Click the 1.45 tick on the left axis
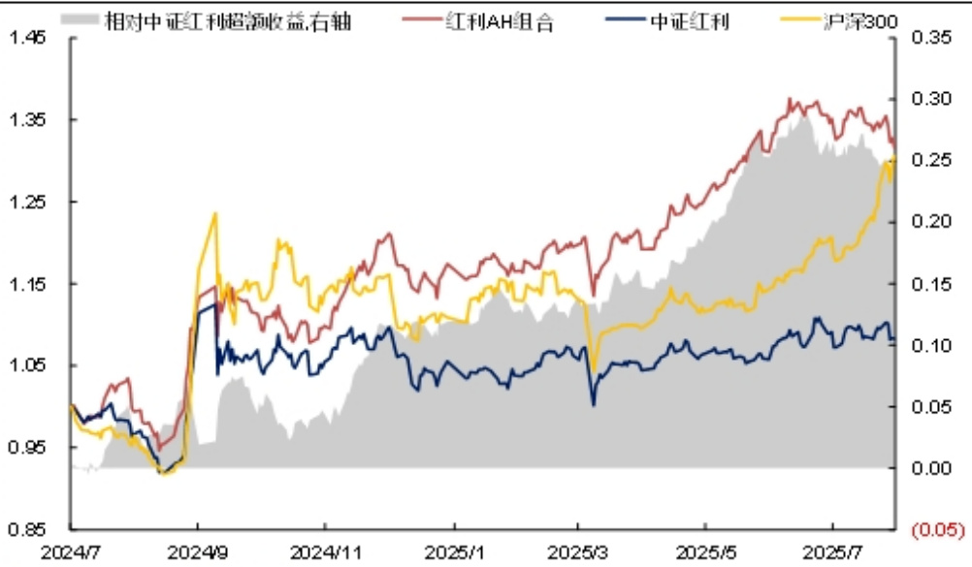[x=27, y=38]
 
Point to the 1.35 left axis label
[x=27, y=120]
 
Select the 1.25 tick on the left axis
[x=27, y=202]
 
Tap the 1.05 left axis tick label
[x=27, y=365]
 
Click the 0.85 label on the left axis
[x=27, y=529]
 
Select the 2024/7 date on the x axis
[x=70, y=551]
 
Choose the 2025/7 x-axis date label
[x=834, y=551]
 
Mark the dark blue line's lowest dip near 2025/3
[x=593, y=404]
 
